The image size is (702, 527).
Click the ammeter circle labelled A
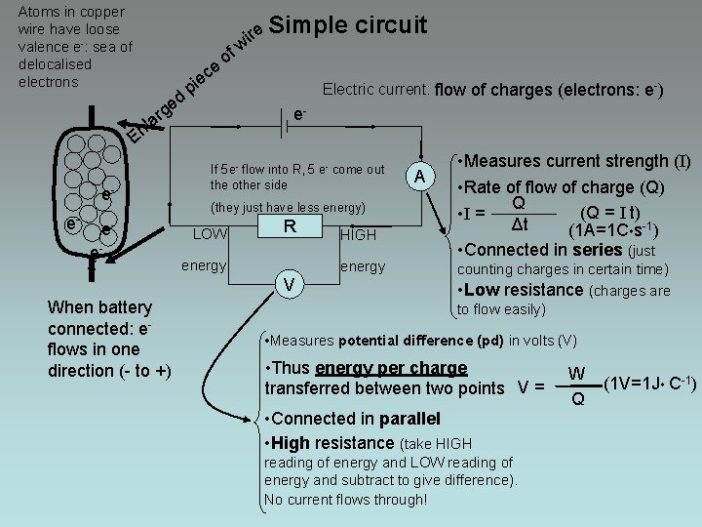[x=419, y=176]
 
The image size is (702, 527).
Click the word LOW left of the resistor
[x=210, y=233]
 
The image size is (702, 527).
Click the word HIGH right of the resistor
[x=358, y=235]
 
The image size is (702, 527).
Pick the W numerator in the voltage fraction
[x=576, y=372]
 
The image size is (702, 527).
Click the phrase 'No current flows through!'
[x=345, y=499]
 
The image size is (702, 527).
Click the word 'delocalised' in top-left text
[x=55, y=64]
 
